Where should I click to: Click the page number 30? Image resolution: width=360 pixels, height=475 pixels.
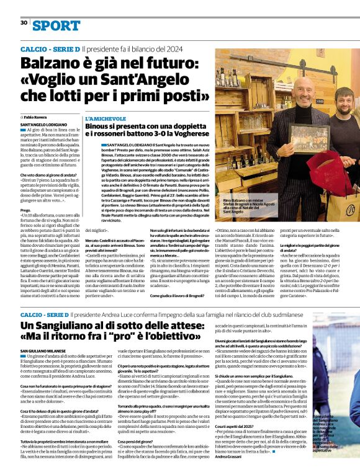(24, 23)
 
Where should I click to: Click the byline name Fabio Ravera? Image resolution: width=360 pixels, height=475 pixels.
(35, 117)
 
